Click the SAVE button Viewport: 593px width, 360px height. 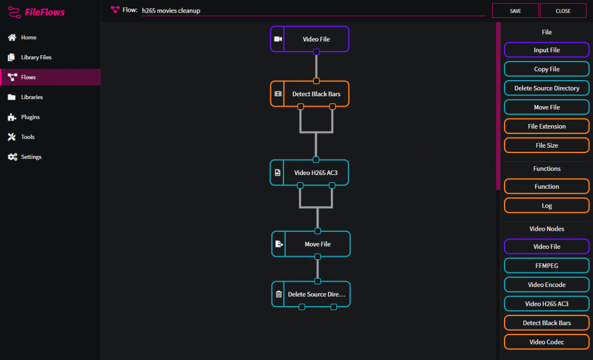(x=515, y=11)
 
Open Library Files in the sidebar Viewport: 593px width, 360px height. (x=30, y=57)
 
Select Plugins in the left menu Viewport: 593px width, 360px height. (x=24, y=117)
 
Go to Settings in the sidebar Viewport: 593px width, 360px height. (x=25, y=157)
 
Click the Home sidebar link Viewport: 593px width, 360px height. (x=22, y=37)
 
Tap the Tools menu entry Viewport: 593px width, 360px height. (x=21, y=137)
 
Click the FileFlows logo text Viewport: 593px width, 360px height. (x=44, y=12)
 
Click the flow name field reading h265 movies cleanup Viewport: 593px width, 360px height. (x=313, y=11)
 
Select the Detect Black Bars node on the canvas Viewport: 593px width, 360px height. (x=310, y=94)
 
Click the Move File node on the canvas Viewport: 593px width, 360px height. (x=311, y=244)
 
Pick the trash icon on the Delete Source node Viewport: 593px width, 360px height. (x=279, y=294)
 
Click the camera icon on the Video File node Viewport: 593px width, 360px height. (x=278, y=39)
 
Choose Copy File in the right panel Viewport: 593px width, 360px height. (x=547, y=69)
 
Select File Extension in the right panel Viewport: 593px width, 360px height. (x=547, y=126)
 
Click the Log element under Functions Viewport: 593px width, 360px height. (x=547, y=206)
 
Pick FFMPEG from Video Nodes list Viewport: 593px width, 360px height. (x=547, y=266)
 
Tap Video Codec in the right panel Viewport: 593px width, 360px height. (x=547, y=342)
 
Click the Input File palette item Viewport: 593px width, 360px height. (x=547, y=50)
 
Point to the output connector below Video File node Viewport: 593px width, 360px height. (x=316, y=52)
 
